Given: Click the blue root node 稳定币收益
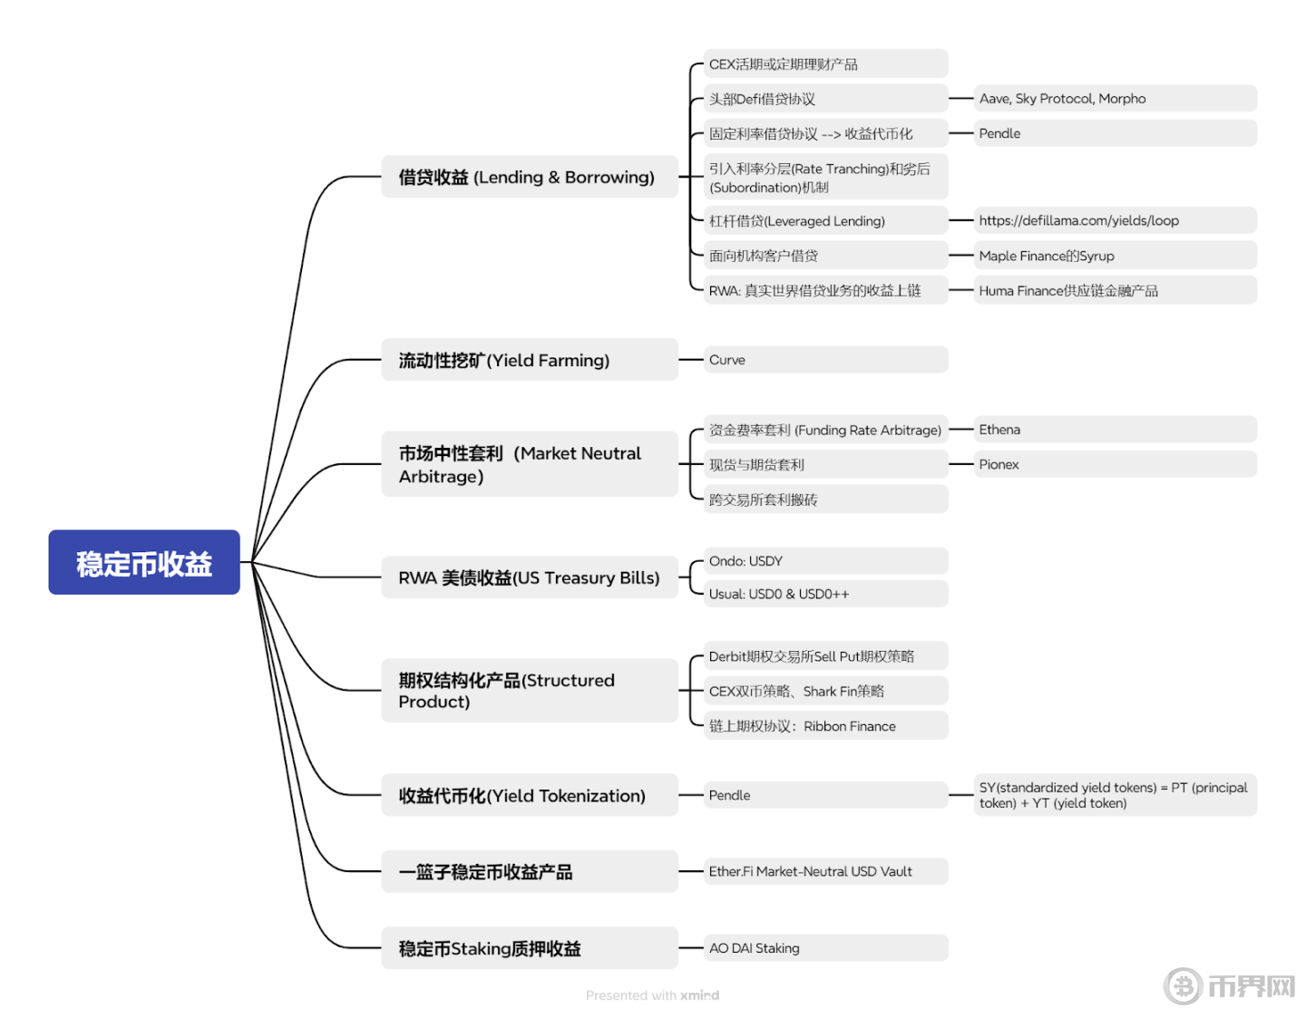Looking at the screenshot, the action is click(144, 563).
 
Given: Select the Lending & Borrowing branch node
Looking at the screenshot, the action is click(530, 177).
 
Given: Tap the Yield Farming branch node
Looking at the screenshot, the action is click(530, 361).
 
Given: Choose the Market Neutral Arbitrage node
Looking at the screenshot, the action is click(530, 464).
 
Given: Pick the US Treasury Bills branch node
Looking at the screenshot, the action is click(530, 577).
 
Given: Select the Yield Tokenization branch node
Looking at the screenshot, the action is click(530, 796).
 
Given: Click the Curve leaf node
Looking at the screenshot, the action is click(826, 360).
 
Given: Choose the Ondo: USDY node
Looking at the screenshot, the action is click(826, 561).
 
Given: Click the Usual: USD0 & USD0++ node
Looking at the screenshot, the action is click(826, 594).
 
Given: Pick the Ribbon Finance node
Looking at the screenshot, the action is click(826, 726).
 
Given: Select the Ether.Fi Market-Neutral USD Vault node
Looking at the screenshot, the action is click(826, 871).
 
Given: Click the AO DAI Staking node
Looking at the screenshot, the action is click(826, 948).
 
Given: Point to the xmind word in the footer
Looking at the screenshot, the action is click(699, 995).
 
